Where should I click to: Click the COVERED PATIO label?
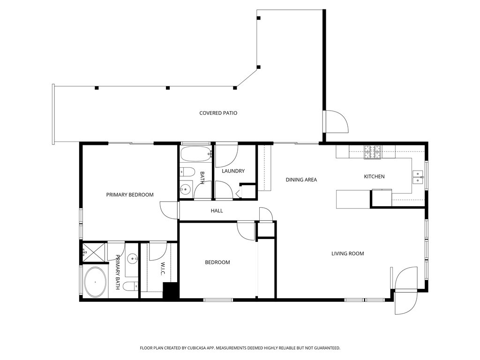(x=218, y=113)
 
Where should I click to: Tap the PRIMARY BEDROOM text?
(x=129, y=195)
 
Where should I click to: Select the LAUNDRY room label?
(x=233, y=171)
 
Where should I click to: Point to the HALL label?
(x=217, y=211)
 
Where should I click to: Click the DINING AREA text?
(x=301, y=180)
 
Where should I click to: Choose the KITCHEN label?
(x=374, y=177)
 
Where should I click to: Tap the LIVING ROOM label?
(x=347, y=254)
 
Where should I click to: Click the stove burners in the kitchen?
(x=373, y=151)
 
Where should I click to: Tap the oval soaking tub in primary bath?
(x=95, y=282)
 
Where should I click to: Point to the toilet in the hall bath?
(x=186, y=172)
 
